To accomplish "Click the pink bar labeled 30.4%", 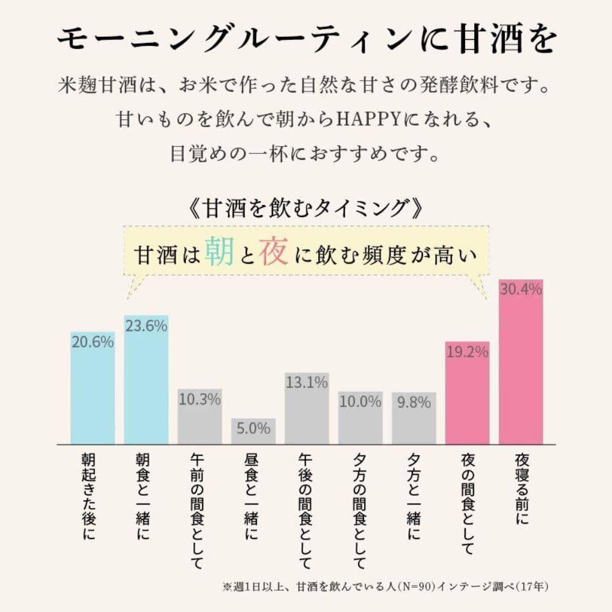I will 521,367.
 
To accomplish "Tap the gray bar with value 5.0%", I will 253,431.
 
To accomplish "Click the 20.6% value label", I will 92,343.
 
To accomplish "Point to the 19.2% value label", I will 467,352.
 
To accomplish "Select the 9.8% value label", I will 414,403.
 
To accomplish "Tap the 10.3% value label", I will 200,400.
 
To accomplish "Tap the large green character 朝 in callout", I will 218,252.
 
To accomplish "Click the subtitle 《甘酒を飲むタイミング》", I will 305,209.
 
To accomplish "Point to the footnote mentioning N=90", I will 386,586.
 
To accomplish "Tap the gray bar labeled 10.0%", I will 360,418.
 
